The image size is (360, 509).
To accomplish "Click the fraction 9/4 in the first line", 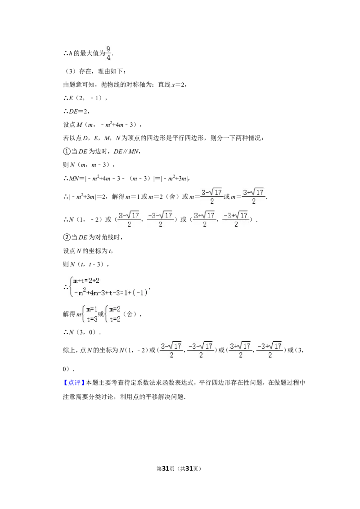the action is [x=108, y=53].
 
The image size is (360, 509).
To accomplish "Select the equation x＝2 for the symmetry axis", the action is [x=178, y=85].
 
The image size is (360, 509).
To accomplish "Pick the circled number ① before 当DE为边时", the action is [x=66, y=152].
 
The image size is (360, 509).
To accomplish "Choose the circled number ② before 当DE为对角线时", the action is [x=66, y=237].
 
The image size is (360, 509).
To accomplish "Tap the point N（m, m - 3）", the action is [x=90, y=165].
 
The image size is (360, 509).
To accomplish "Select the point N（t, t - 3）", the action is [x=87, y=264].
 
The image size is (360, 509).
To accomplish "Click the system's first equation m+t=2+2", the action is [x=86, y=281].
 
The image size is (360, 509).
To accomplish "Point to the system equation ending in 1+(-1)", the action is [x=110, y=292].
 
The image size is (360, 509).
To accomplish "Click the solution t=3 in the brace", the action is [x=92, y=319].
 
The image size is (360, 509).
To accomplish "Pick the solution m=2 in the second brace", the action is [x=115, y=309].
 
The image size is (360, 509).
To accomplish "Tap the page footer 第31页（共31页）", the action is [x=179, y=469].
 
